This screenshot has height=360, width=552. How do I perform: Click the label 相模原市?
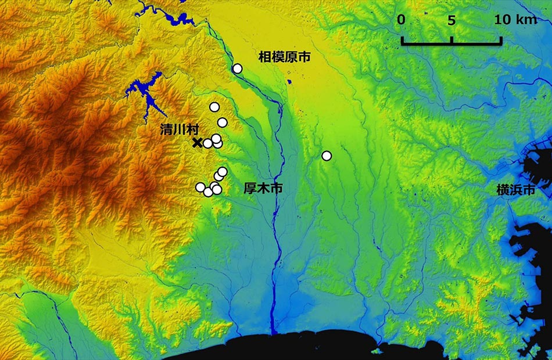(x=285, y=57)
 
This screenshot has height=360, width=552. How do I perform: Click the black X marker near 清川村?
(x=197, y=143)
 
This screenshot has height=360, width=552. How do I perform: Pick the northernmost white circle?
(x=237, y=69)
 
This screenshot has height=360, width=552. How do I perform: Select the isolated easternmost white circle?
(x=327, y=156)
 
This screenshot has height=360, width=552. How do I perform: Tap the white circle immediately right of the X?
(x=207, y=143)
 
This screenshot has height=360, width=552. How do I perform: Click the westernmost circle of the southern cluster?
(x=200, y=187)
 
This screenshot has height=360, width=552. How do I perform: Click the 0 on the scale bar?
(x=402, y=20)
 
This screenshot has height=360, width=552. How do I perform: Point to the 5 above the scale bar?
(x=451, y=20)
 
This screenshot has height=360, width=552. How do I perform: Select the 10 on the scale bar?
(x=501, y=20)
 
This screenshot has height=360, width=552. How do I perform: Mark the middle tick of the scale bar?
(x=451, y=40)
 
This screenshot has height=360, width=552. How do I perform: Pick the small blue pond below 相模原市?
(x=289, y=82)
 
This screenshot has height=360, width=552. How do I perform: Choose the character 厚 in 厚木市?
(x=250, y=189)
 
